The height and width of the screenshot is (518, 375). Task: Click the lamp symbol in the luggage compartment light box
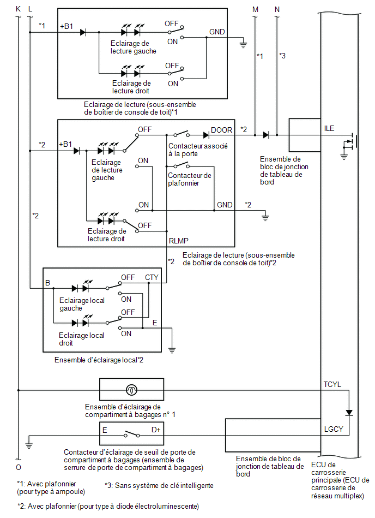(x=131, y=390)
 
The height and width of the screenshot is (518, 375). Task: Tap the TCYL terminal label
(x=332, y=384)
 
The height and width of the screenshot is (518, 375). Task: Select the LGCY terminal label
(x=334, y=429)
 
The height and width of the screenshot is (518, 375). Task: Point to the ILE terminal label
(x=329, y=128)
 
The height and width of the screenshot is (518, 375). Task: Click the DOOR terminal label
(x=221, y=130)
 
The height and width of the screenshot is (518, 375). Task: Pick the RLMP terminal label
(x=178, y=241)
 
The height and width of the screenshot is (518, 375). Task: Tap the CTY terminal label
(x=152, y=277)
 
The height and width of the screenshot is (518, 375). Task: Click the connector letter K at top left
(x=19, y=9)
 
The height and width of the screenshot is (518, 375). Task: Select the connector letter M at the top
(x=255, y=9)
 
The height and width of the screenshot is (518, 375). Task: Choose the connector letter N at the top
(x=277, y=9)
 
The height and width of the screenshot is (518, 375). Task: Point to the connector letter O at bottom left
(x=19, y=467)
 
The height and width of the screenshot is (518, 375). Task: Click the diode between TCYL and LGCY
(x=349, y=413)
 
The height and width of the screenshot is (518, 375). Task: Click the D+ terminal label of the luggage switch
(x=156, y=430)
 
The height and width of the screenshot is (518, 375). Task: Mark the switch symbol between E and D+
(x=132, y=434)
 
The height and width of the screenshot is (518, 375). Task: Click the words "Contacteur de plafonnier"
(x=190, y=179)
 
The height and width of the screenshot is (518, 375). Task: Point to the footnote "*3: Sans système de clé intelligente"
(x=159, y=485)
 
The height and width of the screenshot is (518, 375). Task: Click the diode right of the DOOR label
(x=206, y=135)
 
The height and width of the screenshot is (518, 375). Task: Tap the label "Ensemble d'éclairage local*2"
(x=99, y=360)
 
